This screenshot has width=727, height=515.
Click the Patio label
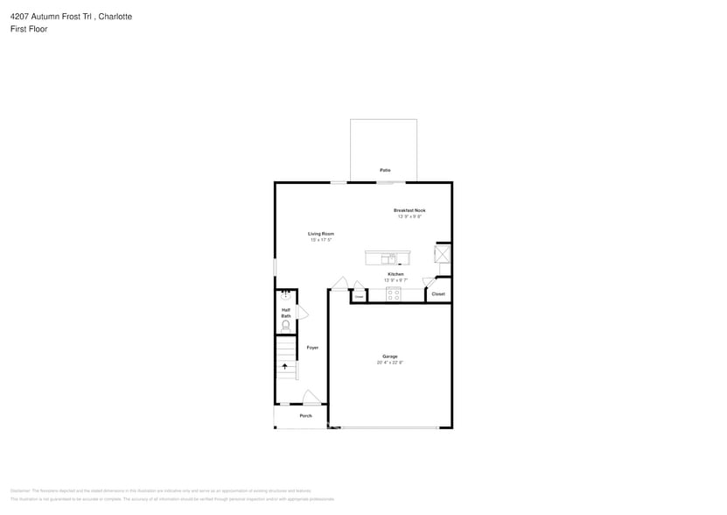(385, 170)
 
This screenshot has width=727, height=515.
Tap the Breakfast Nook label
(409, 210)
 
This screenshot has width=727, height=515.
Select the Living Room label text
(321, 234)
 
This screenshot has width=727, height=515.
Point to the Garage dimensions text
(390, 362)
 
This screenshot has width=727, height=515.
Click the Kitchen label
(395, 274)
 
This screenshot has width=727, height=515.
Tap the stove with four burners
(394, 294)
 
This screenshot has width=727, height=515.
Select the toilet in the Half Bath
(285, 325)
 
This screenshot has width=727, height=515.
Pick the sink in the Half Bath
(285, 297)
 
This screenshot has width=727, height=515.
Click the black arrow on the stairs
(284, 367)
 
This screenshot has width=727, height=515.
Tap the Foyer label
(312, 348)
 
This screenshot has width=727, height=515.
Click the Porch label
(305, 416)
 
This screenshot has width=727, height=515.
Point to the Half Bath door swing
(303, 313)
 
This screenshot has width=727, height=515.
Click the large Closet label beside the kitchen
(438, 294)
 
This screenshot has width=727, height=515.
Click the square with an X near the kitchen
(442, 255)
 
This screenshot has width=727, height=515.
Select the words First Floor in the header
(29, 29)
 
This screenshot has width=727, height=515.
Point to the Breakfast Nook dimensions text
(409, 216)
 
